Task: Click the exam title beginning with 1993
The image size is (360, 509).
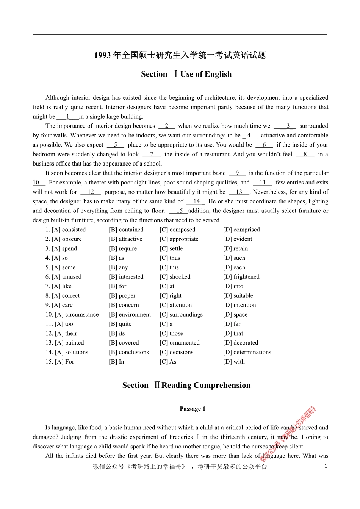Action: [x=180, y=55]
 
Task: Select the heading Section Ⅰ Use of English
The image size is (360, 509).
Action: [x=186, y=74]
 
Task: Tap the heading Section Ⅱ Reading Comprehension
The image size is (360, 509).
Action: [x=186, y=386]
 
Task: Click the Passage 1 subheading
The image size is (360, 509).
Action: [x=193, y=409]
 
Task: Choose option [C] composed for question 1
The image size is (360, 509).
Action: [x=177, y=230]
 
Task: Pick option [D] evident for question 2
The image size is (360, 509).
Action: [x=238, y=239]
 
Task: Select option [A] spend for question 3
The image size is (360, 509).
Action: [x=61, y=248]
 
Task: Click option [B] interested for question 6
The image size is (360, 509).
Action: [x=126, y=277]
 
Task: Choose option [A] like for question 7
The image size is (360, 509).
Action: [x=58, y=286]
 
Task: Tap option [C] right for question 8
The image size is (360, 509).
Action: [x=171, y=296]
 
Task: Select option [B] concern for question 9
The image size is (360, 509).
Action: [x=124, y=305]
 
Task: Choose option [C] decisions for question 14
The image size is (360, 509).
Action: [x=176, y=352]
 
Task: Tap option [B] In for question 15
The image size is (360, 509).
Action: [x=116, y=362]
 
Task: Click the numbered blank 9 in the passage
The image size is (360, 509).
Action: [x=237, y=173]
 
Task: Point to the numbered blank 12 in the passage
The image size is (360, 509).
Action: [x=91, y=192]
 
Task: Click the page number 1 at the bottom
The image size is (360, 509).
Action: [x=326, y=466]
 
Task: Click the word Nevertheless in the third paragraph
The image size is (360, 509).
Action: [x=271, y=192]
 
